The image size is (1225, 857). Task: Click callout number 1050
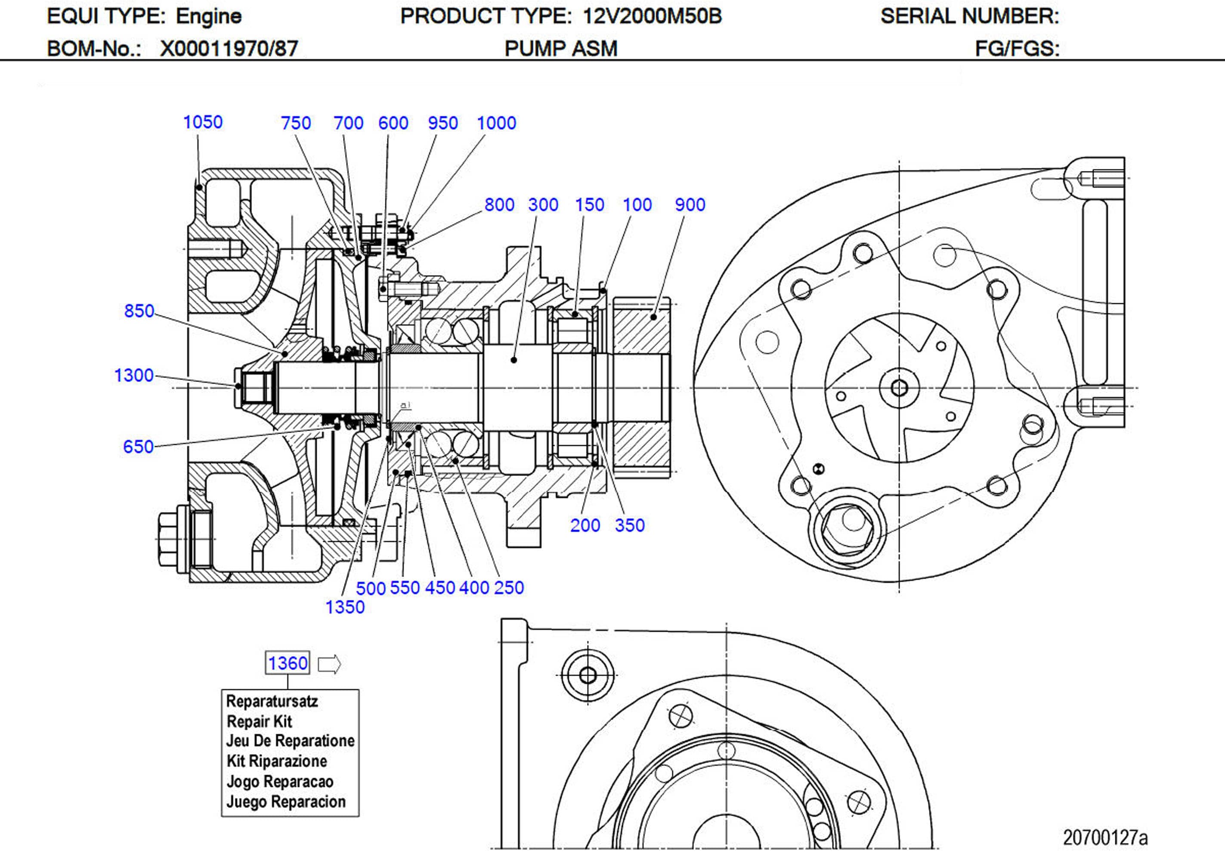[203, 122]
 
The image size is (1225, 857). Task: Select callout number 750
[296, 123]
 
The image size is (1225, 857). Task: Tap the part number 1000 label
[496, 123]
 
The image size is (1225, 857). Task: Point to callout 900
[690, 205]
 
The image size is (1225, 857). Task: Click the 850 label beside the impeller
[139, 311]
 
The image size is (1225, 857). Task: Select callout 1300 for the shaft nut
[134, 376]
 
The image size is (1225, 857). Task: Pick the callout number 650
[138, 447]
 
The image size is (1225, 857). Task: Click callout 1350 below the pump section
[345, 607]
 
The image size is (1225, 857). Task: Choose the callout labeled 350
[630, 525]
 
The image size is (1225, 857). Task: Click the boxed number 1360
[288, 663]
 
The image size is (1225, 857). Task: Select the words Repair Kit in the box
[259, 721]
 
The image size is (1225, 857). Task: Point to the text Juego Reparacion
[286, 801]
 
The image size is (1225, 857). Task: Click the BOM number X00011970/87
[229, 49]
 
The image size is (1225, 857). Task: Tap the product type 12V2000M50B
[652, 16]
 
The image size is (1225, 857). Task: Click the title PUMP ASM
[561, 49]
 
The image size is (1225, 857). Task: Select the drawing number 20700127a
[1105, 838]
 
